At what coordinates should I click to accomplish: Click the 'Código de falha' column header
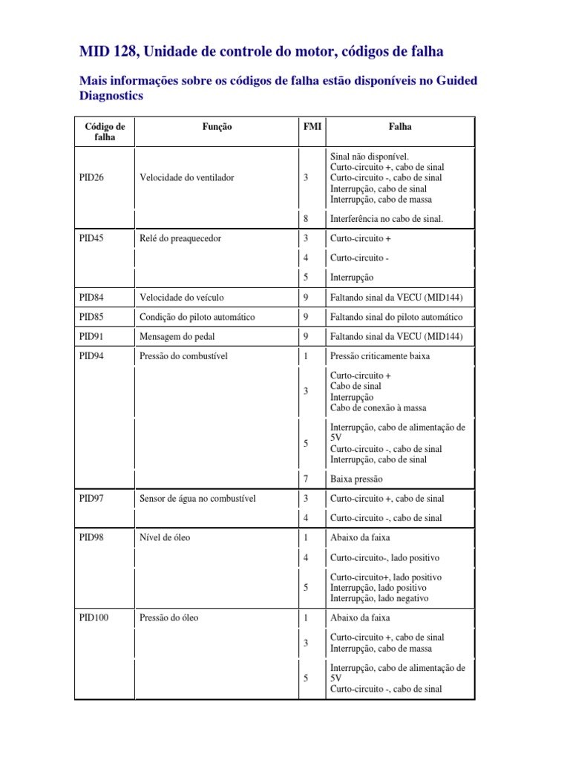pyautogui.click(x=105, y=132)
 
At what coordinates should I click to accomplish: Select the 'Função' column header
pyautogui.click(x=217, y=127)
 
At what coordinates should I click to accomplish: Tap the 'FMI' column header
pyautogui.click(x=311, y=127)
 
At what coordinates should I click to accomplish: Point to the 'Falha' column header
pyautogui.click(x=400, y=127)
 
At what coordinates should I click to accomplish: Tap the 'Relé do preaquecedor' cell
pyautogui.click(x=180, y=239)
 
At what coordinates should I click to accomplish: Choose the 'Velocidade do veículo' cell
pyautogui.click(x=181, y=298)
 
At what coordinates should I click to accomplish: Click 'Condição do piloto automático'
pyautogui.click(x=197, y=317)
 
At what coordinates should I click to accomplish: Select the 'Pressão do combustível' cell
pyautogui.click(x=183, y=356)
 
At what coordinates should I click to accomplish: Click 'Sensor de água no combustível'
pyautogui.click(x=197, y=499)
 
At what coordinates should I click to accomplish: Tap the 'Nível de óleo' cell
pyautogui.click(x=165, y=537)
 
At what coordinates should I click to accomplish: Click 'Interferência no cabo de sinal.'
pyautogui.click(x=387, y=219)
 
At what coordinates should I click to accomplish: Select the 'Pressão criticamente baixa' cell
pyautogui.click(x=379, y=356)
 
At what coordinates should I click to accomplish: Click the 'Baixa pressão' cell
pyautogui.click(x=357, y=479)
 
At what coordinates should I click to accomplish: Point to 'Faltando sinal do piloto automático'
pyautogui.click(x=397, y=317)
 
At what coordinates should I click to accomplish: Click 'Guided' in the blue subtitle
pyautogui.click(x=451, y=79)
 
